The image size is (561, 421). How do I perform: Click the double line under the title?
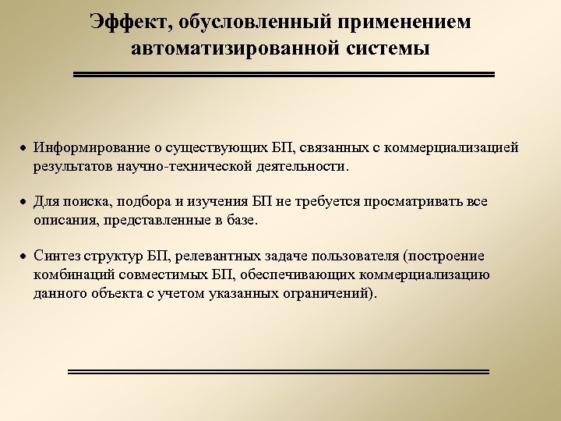point(284,75)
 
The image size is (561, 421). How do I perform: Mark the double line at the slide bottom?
point(278,372)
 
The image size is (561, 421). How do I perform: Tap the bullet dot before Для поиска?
point(23,203)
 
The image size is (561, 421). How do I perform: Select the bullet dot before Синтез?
point(23,256)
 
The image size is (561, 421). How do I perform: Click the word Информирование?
point(85,148)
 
